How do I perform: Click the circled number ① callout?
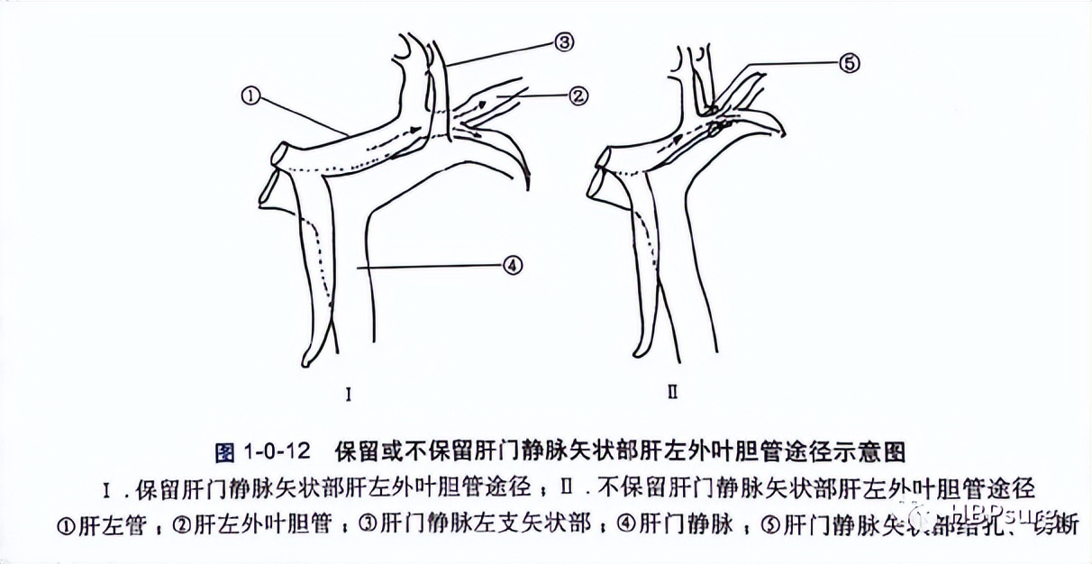[x=251, y=94]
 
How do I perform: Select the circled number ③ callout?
[x=564, y=41]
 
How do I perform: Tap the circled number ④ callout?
[x=511, y=265]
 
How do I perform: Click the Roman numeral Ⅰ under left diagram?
[x=348, y=395]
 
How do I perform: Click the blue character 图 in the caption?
[x=225, y=450]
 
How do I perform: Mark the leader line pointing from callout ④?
[x=432, y=266]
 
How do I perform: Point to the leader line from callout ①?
[x=302, y=115]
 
